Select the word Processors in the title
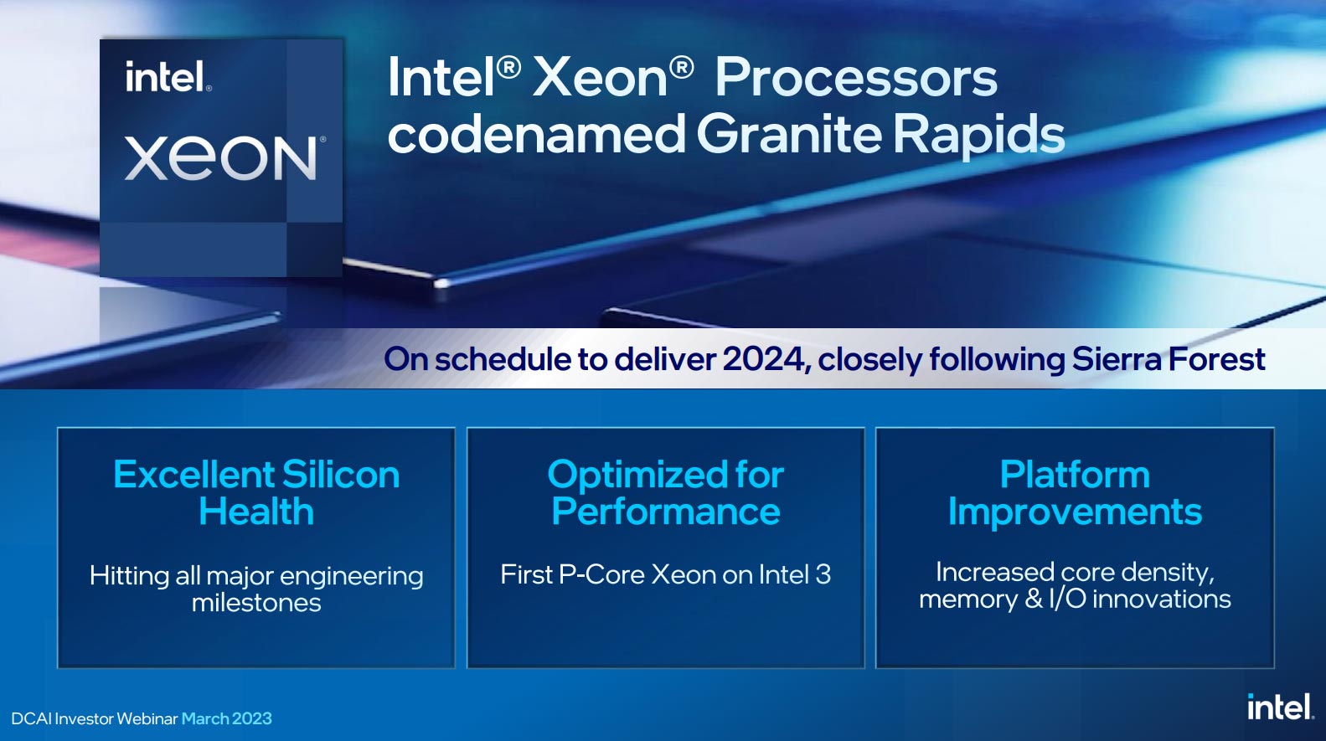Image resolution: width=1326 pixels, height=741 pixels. [x=856, y=78]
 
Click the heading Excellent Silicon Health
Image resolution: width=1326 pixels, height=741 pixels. [x=256, y=492]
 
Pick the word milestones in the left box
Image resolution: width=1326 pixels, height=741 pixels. [x=256, y=603]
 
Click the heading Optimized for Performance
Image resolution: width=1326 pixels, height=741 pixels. [x=666, y=492]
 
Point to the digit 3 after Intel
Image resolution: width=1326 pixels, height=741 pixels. [x=823, y=574]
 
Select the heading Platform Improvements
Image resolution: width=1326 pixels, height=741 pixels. [x=1075, y=492]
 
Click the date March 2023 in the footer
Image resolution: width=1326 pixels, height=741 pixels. [x=227, y=718]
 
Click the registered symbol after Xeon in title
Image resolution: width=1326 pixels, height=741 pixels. [x=681, y=68]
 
